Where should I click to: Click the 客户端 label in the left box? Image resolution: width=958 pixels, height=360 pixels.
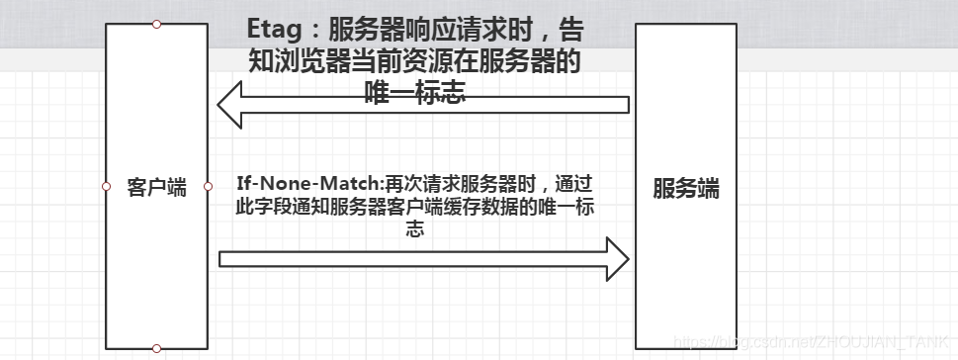point(156,187)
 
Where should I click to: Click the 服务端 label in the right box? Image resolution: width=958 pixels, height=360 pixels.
point(685,188)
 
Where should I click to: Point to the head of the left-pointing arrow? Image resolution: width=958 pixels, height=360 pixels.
point(230,105)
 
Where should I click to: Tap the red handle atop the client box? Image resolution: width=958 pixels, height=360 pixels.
point(156,24)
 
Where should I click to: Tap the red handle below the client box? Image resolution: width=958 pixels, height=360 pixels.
point(156,348)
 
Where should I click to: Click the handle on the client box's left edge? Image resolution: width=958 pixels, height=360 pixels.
point(106,186)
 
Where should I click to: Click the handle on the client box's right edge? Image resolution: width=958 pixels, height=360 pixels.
point(208,186)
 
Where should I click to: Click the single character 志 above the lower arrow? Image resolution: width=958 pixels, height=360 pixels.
point(414,228)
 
